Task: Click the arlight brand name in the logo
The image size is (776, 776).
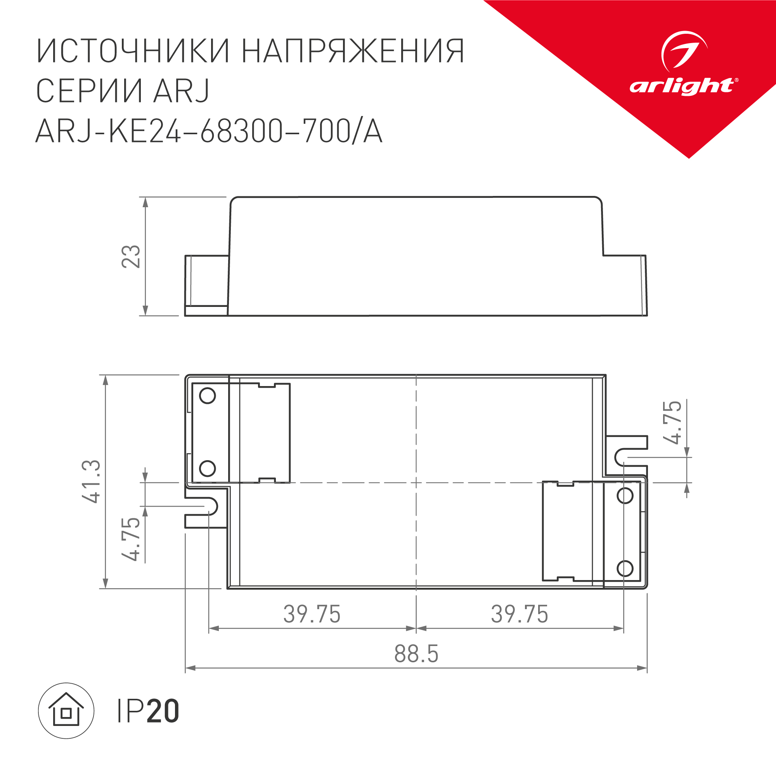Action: (682, 87)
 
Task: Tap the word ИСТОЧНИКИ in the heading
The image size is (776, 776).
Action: (133, 51)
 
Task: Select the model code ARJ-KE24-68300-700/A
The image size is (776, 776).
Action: (209, 131)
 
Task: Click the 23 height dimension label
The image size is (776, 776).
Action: (131, 256)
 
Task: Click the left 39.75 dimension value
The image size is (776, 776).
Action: (312, 614)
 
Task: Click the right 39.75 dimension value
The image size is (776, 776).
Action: (520, 614)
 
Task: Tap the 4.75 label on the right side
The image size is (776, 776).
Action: (672, 422)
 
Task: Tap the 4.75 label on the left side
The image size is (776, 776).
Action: (131, 539)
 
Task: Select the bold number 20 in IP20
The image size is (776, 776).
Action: (163, 711)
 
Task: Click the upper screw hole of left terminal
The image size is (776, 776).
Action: (207, 396)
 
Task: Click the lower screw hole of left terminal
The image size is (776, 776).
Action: (207, 468)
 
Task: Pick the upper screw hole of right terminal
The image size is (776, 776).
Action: (625, 496)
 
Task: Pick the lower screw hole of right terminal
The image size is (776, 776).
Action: (625, 568)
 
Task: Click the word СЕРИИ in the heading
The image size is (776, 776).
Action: (89, 91)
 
